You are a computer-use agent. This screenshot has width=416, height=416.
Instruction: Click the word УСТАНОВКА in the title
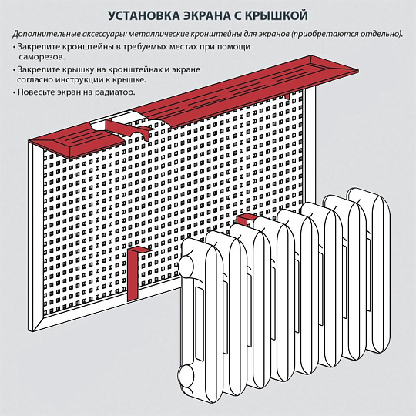click(144, 15)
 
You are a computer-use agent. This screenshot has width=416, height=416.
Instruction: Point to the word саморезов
click(42, 57)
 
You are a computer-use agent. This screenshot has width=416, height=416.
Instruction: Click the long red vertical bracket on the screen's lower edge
click(135, 273)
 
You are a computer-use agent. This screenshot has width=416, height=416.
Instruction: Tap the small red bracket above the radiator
click(245, 219)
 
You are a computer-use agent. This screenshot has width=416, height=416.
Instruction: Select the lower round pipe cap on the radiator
click(187, 377)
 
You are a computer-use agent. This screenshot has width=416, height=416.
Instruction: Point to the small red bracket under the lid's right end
click(288, 96)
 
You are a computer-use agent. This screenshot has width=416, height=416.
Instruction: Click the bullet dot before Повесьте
click(14, 93)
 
